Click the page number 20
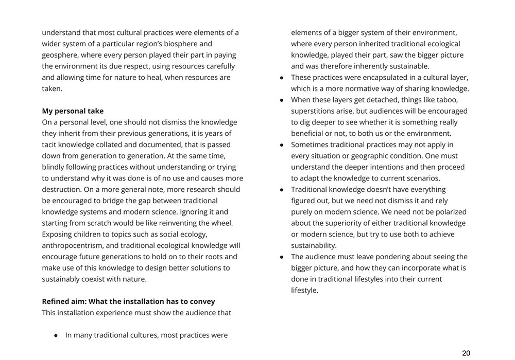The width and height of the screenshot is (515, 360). coord(466,353)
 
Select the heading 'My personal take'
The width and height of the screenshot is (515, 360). coord(73,111)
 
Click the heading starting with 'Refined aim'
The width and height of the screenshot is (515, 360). coord(128,301)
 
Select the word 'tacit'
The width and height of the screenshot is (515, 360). coord(50,145)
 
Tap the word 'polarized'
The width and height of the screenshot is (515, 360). coord(450,211)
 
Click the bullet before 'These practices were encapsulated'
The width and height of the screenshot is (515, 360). coord(282,78)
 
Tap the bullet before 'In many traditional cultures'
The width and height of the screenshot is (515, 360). coord(56,335)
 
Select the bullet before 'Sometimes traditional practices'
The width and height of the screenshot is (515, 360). coord(282,145)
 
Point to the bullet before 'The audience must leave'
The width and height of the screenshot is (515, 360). coord(282,257)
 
